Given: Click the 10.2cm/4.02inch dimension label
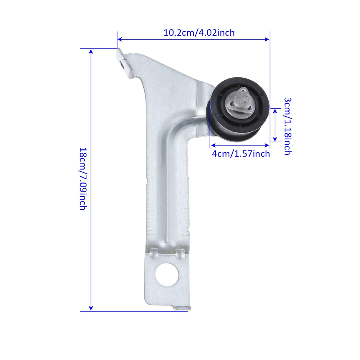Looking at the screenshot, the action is tap(199, 33).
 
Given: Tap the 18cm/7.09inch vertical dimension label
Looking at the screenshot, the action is tap(83, 179).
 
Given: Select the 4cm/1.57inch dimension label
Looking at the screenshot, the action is tap(240, 154).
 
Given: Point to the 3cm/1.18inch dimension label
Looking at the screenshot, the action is tap(288, 126).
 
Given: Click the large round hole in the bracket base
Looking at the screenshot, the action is tap(167, 275).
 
